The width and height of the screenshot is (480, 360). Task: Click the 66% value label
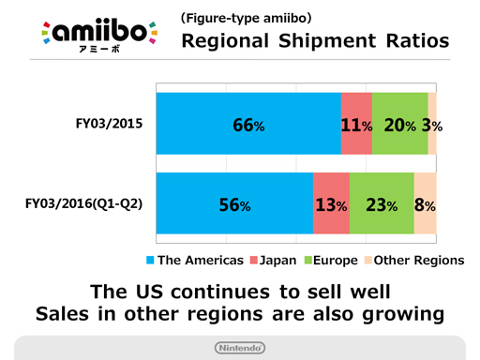247,124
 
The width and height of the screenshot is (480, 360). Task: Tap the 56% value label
234,204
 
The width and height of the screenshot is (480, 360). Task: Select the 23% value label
381,204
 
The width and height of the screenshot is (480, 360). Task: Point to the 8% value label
425,204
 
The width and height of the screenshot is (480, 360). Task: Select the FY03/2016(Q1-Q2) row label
83,202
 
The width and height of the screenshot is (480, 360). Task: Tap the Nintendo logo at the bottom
239,348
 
